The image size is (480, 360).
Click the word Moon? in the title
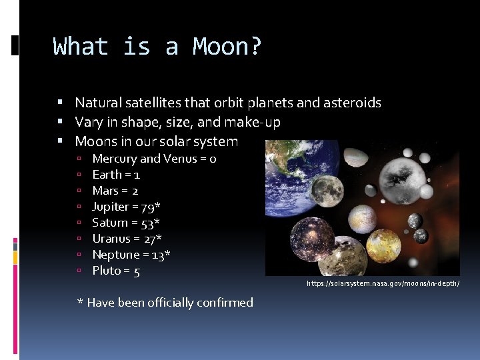227,47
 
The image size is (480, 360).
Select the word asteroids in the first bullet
351,103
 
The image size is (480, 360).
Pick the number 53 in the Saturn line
148,223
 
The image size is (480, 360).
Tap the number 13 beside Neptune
159,255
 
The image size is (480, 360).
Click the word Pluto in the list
107,271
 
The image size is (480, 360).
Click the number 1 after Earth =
137,175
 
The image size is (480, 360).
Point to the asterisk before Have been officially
81,303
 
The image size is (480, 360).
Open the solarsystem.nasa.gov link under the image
383,284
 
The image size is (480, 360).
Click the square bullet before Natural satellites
60,103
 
